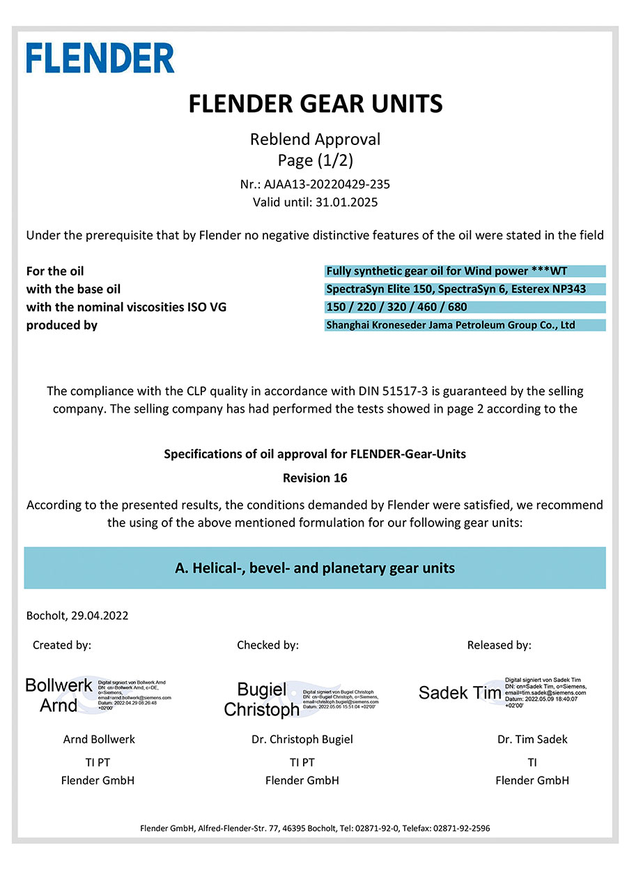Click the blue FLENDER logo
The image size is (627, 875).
[x=100, y=57]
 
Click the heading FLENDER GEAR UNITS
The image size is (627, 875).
[x=315, y=105]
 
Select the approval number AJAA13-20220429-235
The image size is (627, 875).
[x=325, y=185]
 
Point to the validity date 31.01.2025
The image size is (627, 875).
[x=346, y=202]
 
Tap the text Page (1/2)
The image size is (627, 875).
[x=315, y=160]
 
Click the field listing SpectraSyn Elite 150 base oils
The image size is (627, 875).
[x=465, y=289]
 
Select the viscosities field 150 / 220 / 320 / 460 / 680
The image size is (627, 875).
[x=465, y=307]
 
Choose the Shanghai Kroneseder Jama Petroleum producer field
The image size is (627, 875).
[x=465, y=325]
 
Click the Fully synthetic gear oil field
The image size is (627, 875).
[x=465, y=271]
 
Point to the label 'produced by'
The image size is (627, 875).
[x=62, y=325]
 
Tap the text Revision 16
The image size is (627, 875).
[x=315, y=478]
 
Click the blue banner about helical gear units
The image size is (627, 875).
[x=315, y=568]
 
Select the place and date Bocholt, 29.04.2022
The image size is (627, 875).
[x=77, y=616]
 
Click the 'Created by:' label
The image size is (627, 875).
[x=62, y=646]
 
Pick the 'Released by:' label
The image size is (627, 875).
[x=499, y=646]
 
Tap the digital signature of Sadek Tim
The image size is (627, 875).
[x=502, y=692]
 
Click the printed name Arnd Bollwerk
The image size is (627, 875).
[x=99, y=739]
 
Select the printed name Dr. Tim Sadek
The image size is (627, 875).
[x=532, y=739]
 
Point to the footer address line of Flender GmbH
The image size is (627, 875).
[x=315, y=828]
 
